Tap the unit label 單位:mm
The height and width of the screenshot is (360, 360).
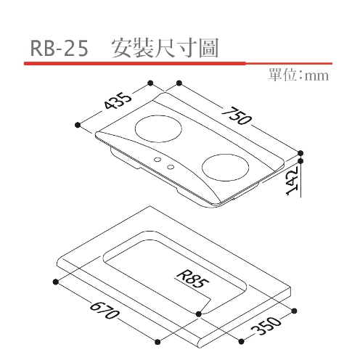coord(298,75)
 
